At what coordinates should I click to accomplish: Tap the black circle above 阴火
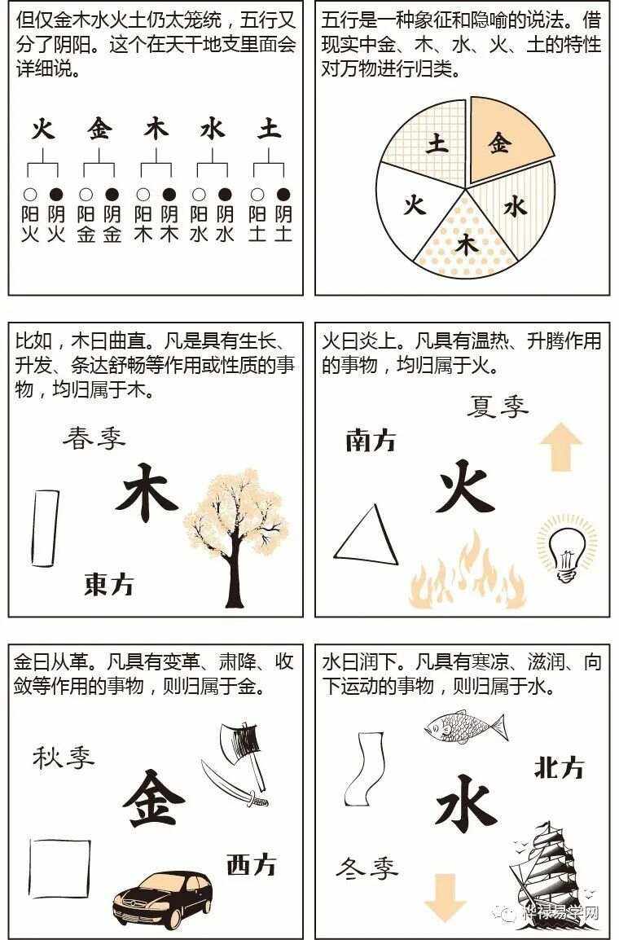click(x=55, y=195)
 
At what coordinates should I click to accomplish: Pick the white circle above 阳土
click(x=257, y=195)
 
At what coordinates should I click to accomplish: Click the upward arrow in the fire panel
click(x=560, y=446)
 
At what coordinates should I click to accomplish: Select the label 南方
click(x=371, y=441)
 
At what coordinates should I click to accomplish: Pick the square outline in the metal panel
click(x=59, y=868)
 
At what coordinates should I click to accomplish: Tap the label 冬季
click(x=367, y=868)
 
